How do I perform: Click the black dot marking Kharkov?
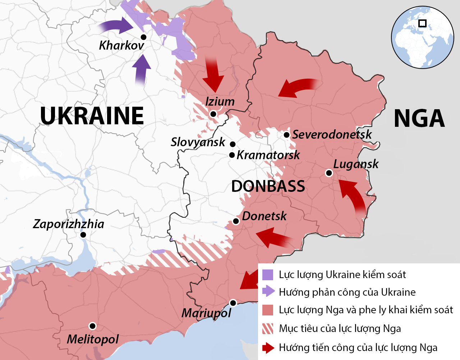(x=143, y=37)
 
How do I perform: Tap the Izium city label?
(x=220, y=102)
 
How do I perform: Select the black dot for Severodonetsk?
(x=286, y=135)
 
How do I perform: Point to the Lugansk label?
(x=355, y=164)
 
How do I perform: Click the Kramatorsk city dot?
(x=232, y=155)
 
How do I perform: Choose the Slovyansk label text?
(x=198, y=142)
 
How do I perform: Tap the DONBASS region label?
(x=268, y=186)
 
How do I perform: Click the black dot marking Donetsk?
(x=236, y=221)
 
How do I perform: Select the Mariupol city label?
(x=206, y=313)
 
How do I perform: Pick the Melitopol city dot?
(x=92, y=326)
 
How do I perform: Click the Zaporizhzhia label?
(x=68, y=224)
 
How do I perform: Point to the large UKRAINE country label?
(x=92, y=116)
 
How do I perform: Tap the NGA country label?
(x=419, y=119)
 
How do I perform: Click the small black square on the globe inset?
(x=422, y=23)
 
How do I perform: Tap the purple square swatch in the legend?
(x=268, y=275)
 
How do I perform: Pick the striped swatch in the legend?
(x=268, y=329)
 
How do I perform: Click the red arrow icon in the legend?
(x=268, y=348)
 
